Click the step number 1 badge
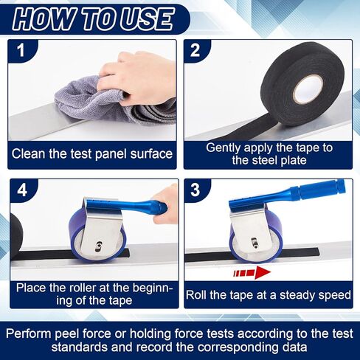(x=21, y=50)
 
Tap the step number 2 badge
(x=195, y=51)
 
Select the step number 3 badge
(x=195, y=190)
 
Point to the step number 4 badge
(x=22, y=190)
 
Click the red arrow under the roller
(x=252, y=272)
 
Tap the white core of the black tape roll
(x=308, y=89)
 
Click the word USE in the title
(x=146, y=19)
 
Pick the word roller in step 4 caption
(x=86, y=288)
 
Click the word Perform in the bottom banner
(x=29, y=334)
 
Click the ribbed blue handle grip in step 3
(x=317, y=189)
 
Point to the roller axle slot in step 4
(x=98, y=246)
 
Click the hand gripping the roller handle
(x=165, y=204)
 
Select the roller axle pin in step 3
(x=255, y=242)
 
